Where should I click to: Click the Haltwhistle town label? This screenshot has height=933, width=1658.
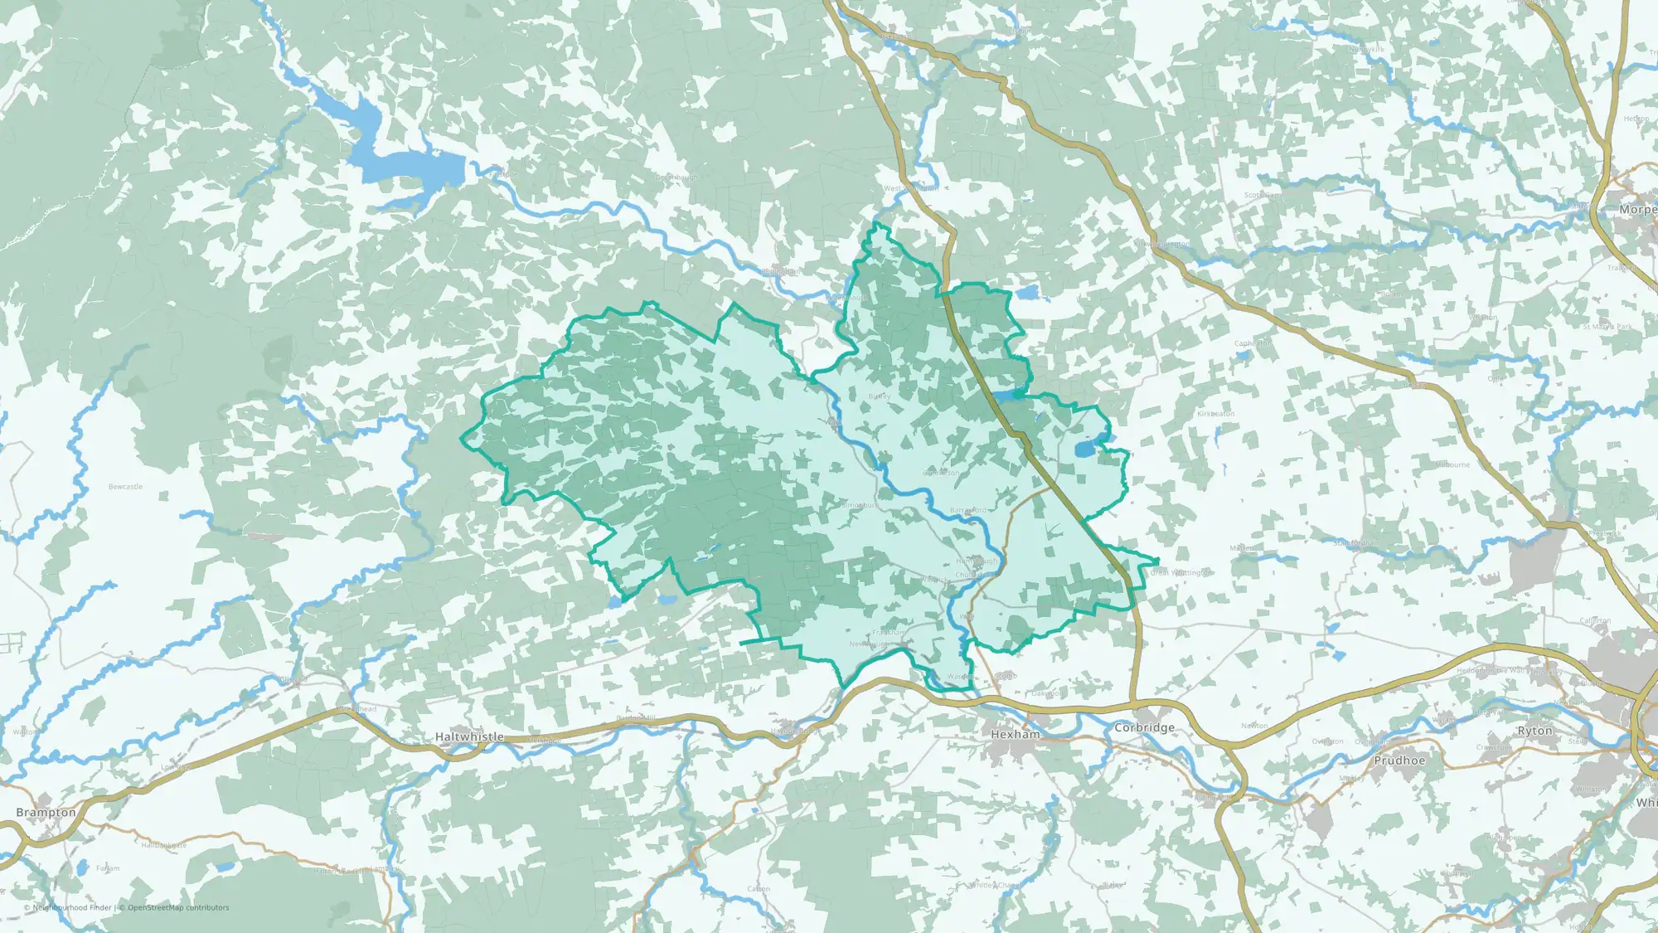(469, 736)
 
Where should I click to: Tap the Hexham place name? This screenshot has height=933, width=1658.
(1016, 734)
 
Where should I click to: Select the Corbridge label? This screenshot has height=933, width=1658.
(1144, 727)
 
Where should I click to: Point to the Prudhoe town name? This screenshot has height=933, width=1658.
(1399, 760)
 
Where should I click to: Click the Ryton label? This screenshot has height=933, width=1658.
(1534, 731)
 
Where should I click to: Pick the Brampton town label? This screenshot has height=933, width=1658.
(46, 813)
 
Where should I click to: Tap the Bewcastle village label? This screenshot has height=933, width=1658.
(125, 487)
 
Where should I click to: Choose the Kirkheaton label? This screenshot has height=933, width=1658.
(1215, 414)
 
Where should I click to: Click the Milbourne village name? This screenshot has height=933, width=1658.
(1452, 465)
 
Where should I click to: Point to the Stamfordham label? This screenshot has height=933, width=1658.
(1355, 543)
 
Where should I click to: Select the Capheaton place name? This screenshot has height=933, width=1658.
(1253, 343)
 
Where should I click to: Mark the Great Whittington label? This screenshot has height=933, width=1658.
(1181, 572)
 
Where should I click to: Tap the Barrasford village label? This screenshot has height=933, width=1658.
(968, 510)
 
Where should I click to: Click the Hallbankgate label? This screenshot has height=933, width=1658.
(163, 845)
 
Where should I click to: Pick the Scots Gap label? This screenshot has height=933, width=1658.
(1262, 196)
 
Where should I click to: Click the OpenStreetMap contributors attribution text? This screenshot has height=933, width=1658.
(178, 908)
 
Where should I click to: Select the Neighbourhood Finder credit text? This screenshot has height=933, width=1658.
(71, 908)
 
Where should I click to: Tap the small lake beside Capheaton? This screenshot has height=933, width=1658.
(1241, 357)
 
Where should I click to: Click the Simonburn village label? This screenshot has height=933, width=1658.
(860, 505)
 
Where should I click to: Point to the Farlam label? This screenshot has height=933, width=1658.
(108, 868)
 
